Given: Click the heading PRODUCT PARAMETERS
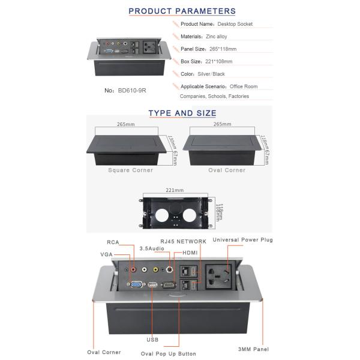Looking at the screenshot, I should (x=182, y=11).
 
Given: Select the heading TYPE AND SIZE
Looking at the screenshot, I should (x=182, y=113).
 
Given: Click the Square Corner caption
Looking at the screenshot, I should (x=130, y=170).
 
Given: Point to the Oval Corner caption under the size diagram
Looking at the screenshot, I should (x=226, y=170).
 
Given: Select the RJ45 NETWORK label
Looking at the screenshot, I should (x=182, y=241).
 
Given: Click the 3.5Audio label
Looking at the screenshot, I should (x=152, y=248).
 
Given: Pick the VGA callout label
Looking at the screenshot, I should (x=107, y=255).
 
